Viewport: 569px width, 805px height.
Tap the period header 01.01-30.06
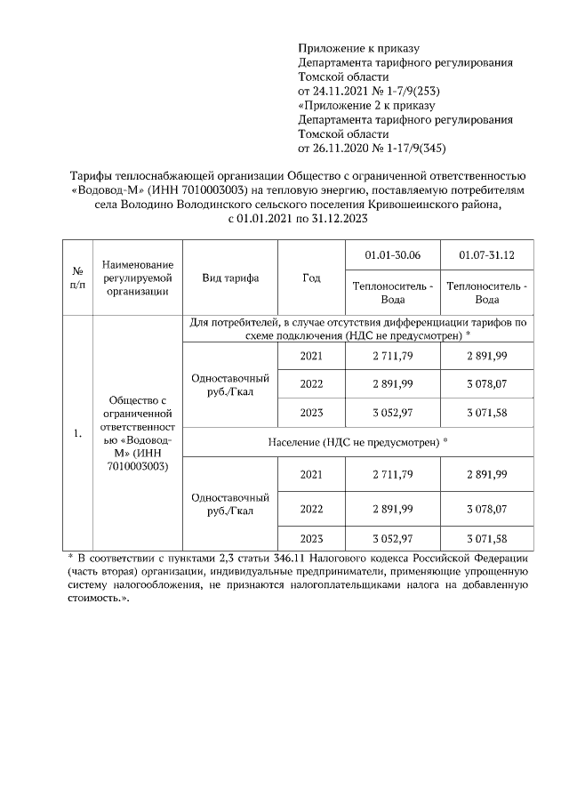coord(392,256)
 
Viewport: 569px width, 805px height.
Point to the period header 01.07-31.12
coord(486,256)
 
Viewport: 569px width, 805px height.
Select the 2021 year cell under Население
coord(311,475)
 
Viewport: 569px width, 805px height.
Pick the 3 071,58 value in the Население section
coord(486,538)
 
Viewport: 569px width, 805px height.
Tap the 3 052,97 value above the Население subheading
coord(392,414)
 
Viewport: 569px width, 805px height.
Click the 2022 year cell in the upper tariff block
coord(311,384)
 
